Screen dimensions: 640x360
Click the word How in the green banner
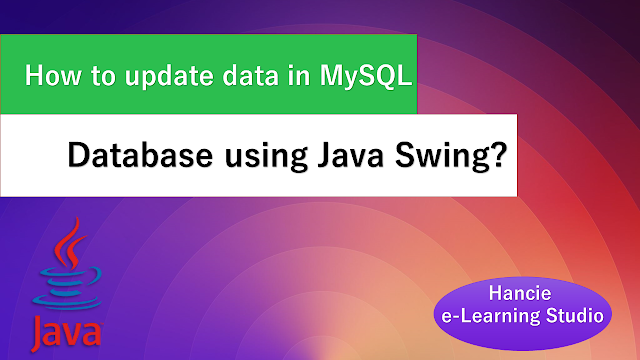(53, 76)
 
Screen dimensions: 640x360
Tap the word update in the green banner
(169, 78)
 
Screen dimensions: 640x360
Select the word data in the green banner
(250, 76)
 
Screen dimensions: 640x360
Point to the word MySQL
(366, 77)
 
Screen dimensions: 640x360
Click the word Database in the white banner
(140, 155)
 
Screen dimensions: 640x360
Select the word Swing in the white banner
(440, 157)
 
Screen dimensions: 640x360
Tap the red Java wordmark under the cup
(66, 333)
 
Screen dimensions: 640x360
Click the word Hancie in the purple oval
(520, 293)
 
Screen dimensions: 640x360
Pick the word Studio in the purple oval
(575, 316)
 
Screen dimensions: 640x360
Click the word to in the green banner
(103, 76)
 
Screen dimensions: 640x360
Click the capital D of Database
(78, 155)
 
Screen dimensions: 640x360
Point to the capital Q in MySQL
(384, 76)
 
